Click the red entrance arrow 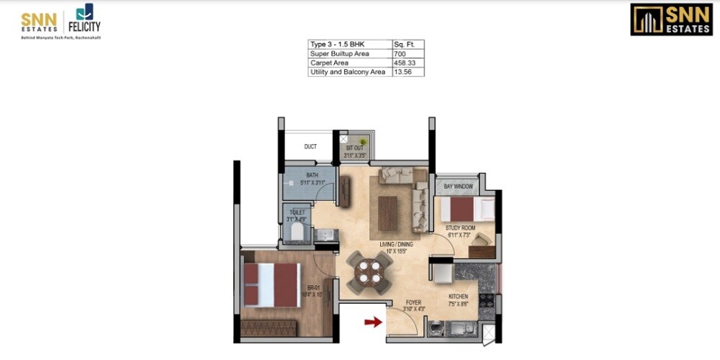[x=373, y=323]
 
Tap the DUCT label [x=310, y=147]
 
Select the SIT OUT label [x=354, y=148]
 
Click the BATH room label [x=312, y=175]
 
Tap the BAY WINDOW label [x=458, y=186]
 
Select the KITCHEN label [x=459, y=297]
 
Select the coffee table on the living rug [x=387, y=212]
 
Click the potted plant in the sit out [x=363, y=142]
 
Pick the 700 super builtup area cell [x=408, y=54]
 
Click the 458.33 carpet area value [x=408, y=63]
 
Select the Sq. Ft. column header [x=408, y=45]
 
